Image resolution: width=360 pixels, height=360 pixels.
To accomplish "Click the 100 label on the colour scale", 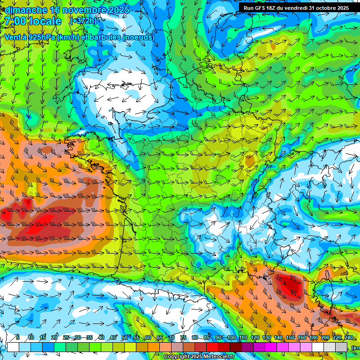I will pos(232,337).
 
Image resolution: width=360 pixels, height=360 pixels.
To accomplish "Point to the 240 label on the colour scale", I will pos(349,337).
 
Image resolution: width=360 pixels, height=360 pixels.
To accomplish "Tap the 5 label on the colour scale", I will pos(18,337).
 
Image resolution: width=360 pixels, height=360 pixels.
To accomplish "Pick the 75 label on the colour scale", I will pos(183,337).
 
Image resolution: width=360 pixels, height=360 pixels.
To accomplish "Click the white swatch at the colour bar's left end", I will pos(13,347).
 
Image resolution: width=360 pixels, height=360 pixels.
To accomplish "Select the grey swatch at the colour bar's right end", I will pos(342,347).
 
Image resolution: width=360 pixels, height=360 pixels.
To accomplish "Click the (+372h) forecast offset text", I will pos(83,21).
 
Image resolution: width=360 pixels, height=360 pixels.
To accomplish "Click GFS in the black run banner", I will pos(259,8).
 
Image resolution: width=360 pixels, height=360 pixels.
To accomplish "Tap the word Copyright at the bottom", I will pos(177,357).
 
